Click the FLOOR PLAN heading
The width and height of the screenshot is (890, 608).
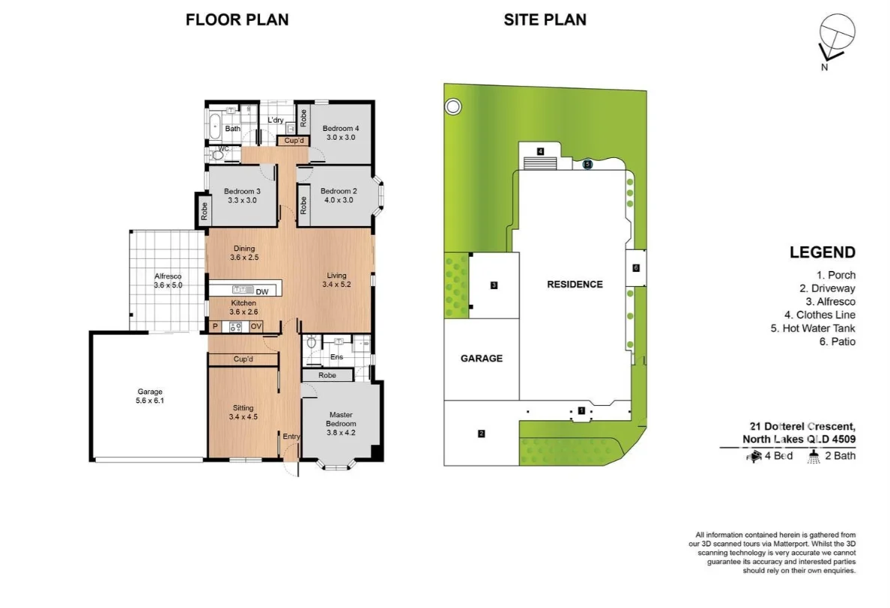(237, 20)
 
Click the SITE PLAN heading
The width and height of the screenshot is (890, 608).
(545, 20)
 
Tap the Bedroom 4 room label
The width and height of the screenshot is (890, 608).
(342, 133)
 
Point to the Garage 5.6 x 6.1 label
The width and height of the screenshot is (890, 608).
(149, 396)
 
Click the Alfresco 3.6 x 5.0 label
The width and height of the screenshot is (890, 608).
(168, 281)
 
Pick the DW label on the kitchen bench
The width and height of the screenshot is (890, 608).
(261, 291)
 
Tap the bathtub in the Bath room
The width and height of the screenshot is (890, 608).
(215, 127)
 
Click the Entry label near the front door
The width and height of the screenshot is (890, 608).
(290, 437)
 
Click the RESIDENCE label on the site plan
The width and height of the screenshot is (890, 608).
(575, 285)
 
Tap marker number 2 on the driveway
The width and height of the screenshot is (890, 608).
(481, 433)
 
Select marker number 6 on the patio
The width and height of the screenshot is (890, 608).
(635, 268)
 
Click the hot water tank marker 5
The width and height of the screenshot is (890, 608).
(587, 163)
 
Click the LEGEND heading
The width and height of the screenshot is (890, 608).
(822, 253)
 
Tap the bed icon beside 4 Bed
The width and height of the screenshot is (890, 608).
(750, 455)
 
